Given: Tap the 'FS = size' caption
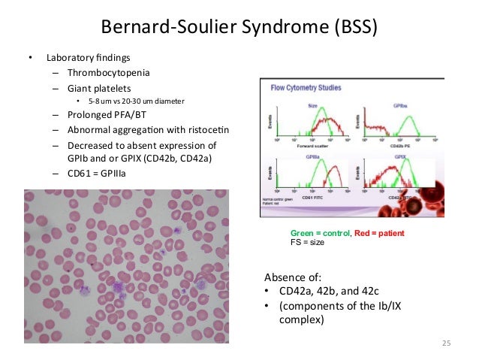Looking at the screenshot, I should click(308, 243).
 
